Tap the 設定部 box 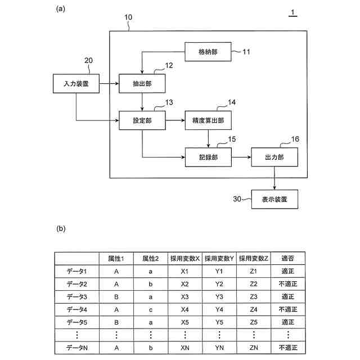(x=142, y=119)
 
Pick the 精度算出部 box (x=208, y=119)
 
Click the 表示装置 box (x=274, y=199)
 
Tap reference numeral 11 (x=246, y=52)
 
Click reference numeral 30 (x=238, y=199)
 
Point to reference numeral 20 (x=88, y=61)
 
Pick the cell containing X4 (x=185, y=309)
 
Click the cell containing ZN (x=253, y=348)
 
